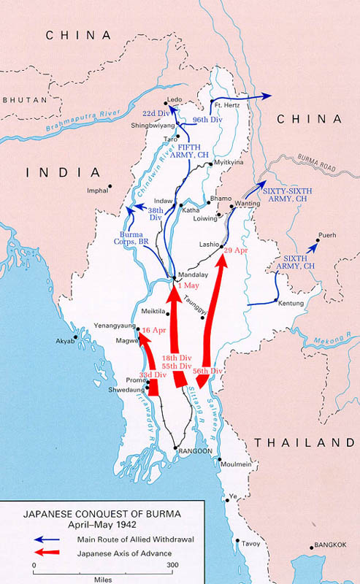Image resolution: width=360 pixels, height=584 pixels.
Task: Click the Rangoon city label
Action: [196, 452]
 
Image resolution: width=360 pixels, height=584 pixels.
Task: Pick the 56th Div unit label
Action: [208, 371]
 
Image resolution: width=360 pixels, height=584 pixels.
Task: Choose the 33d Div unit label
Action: [153, 374]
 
